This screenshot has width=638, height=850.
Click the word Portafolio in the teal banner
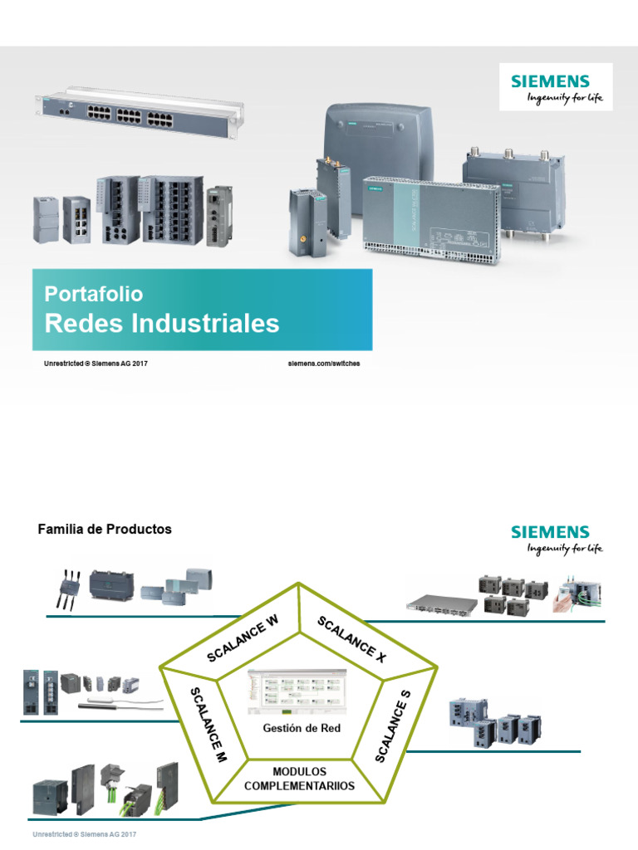pos(94,294)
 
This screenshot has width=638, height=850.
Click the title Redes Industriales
pos(162,323)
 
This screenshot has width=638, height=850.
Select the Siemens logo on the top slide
pos(556,87)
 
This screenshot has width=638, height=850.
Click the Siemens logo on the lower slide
pos(556,538)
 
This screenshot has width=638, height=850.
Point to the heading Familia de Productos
pos(105,529)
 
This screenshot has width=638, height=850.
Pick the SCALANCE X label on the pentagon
pos(352,640)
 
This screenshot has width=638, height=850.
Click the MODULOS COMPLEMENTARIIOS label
pos(299,779)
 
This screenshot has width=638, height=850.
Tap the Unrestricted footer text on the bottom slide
pos(84,833)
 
